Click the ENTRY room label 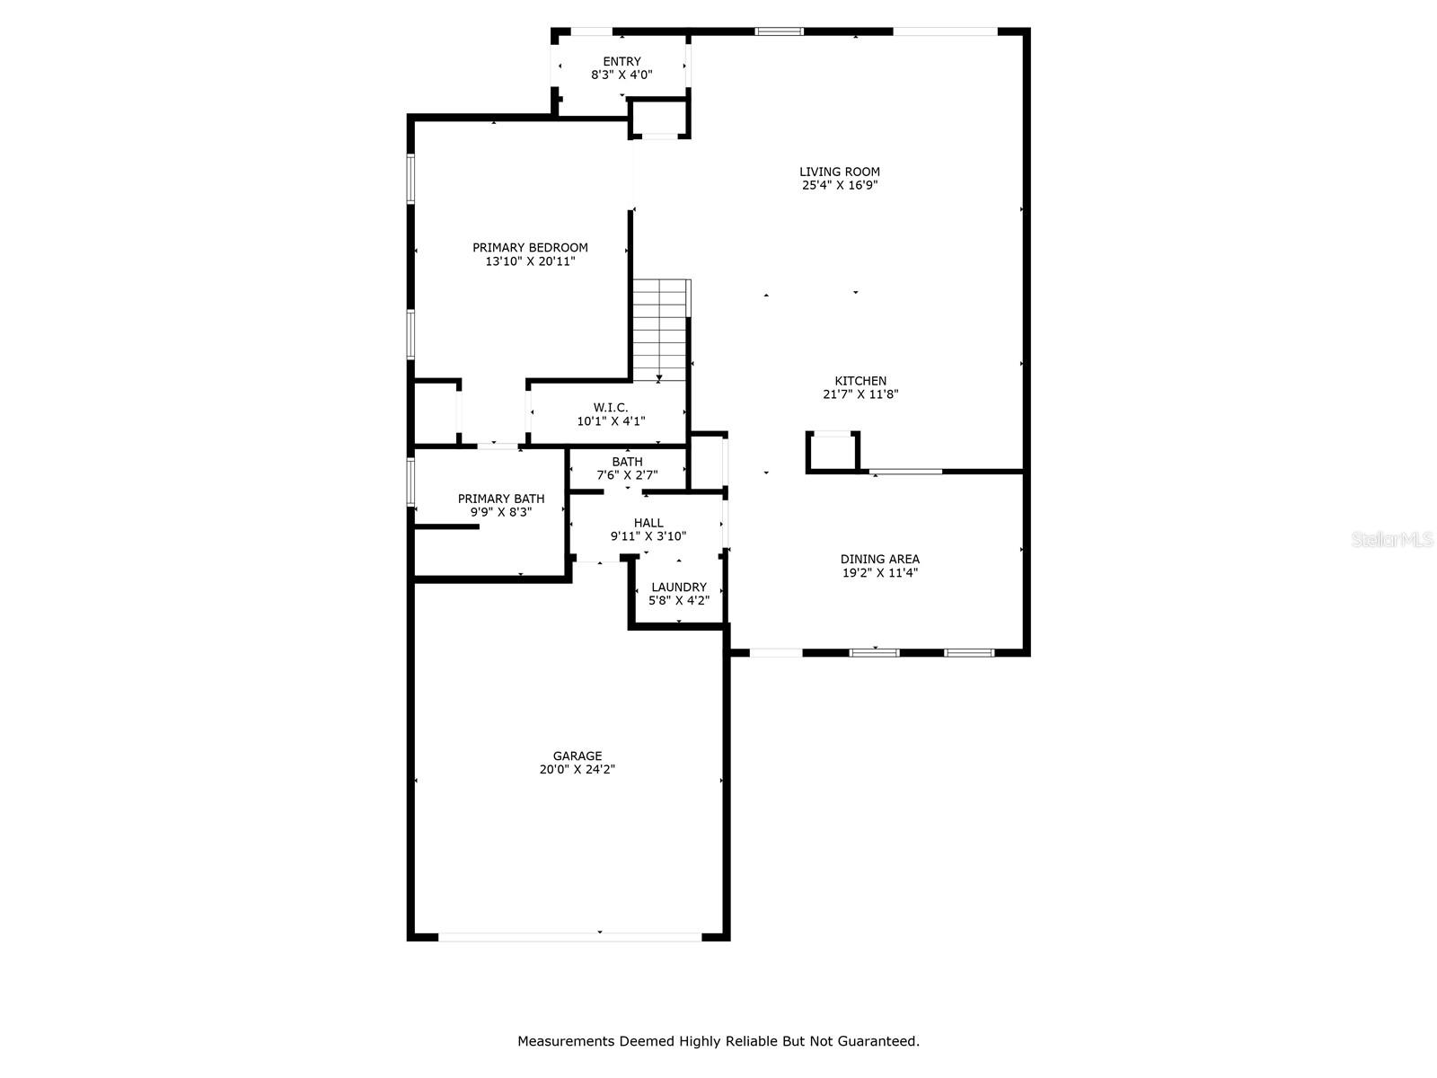[622, 62]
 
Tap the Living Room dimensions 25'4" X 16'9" [840, 186]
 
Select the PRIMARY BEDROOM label [530, 248]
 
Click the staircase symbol [661, 330]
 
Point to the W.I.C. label [611, 408]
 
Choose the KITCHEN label [860, 381]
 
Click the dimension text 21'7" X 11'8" [860, 394]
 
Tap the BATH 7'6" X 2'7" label [627, 468]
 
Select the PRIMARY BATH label [501, 499]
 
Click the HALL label [648, 523]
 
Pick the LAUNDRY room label [679, 588]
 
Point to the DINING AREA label [880, 560]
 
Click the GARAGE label [577, 756]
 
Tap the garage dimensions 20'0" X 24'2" [577, 770]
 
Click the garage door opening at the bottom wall [569, 937]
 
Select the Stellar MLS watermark [1393, 539]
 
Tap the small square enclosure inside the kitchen [833, 452]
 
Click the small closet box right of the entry [659, 118]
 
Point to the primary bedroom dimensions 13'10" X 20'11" [530, 262]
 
